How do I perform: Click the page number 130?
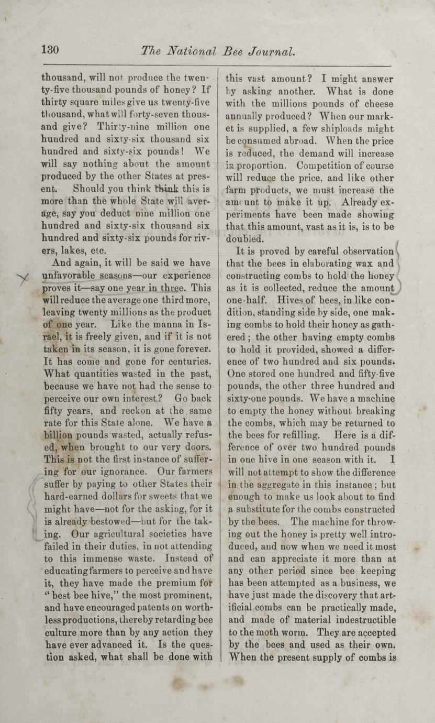tap(50, 50)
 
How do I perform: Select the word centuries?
tap(182, 361)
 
